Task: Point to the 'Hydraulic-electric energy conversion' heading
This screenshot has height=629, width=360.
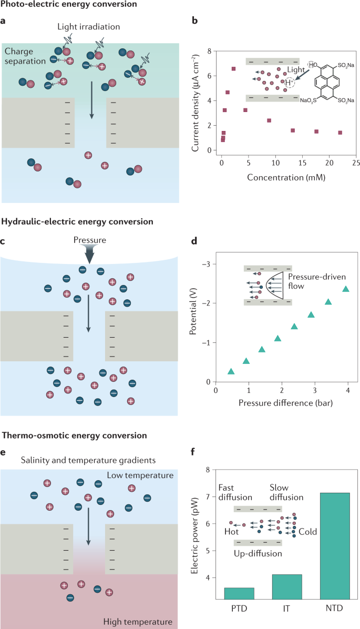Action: tap(78, 222)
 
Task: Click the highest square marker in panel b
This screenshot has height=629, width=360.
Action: tap(233, 69)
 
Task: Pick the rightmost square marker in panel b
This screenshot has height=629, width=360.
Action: tap(340, 133)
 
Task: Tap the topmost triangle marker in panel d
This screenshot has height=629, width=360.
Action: tap(345, 289)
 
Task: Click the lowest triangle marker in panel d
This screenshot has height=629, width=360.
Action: tap(231, 371)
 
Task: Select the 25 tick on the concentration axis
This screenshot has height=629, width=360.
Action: tap(356, 164)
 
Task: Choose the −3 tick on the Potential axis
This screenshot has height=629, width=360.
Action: tap(205, 264)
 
